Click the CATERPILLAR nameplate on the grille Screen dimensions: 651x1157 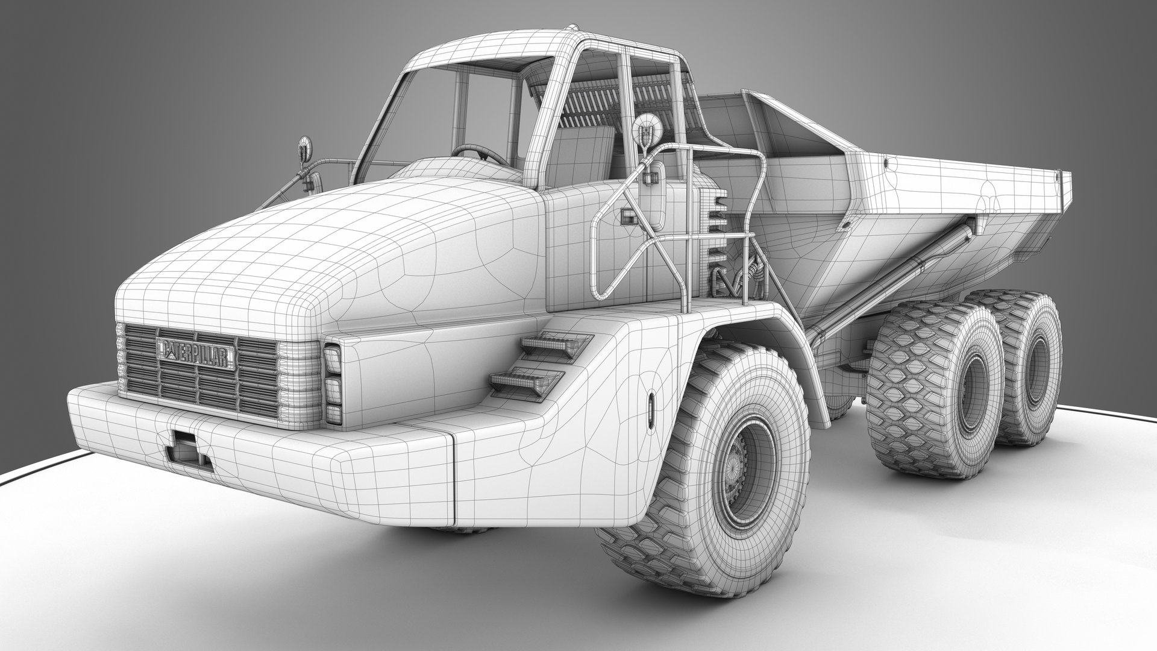point(196,354)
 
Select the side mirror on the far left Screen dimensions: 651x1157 point(306,149)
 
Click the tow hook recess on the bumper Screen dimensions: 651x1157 point(186,448)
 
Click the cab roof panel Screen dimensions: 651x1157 point(482,48)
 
